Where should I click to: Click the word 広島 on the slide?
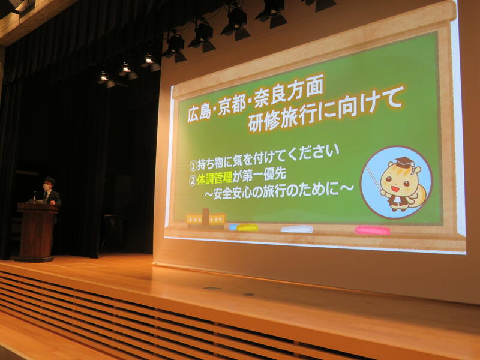[199, 112]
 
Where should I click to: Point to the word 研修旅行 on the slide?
[278, 121]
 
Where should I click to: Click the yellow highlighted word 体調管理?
[214, 178]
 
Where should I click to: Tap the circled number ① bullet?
[193, 166]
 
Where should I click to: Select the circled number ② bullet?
[193, 181]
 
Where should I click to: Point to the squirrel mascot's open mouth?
[395, 189]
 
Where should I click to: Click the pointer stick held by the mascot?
[374, 178]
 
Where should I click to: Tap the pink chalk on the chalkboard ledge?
[373, 230]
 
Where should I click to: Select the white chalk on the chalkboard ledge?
[297, 229]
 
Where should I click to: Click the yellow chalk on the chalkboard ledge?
[247, 227]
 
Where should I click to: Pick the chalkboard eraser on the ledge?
[206, 219]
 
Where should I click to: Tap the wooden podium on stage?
[37, 232]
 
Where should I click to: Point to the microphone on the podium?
[35, 196]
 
